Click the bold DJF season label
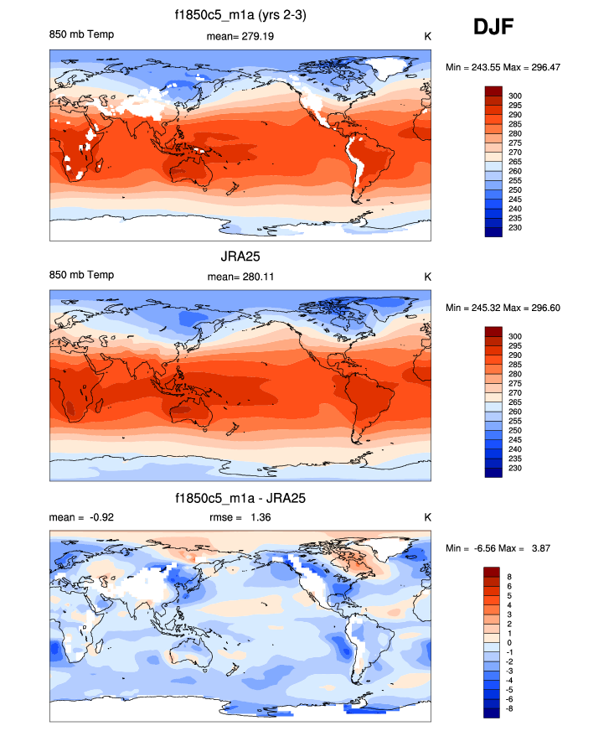(493, 28)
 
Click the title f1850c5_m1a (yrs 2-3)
(240, 14)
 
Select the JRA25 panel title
(240, 257)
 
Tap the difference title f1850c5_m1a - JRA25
(240, 498)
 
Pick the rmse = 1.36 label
(239, 517)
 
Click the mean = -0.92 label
(82, 517)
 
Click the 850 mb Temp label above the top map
(82, 34)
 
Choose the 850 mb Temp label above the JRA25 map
(82, 276)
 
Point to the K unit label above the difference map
(427, 517)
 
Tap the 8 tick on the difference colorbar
(513, 577)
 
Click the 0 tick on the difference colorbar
(513, 643)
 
